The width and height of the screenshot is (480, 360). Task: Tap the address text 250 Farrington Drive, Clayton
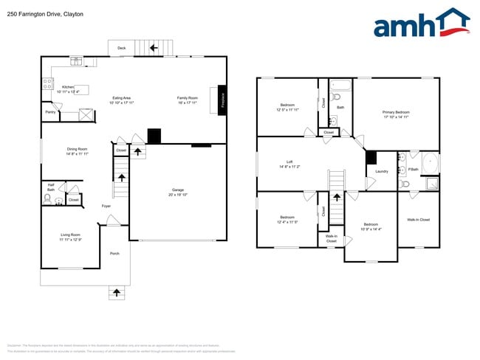[44, 14]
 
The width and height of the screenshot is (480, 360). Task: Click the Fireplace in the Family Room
[222, 100]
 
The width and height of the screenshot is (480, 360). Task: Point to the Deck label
[121, 49]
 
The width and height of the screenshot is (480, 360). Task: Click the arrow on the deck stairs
[154, 48]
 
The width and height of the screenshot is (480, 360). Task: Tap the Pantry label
[50, 111]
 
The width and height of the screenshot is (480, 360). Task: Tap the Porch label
[114, 253]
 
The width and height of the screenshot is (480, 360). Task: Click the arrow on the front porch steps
[116, 293]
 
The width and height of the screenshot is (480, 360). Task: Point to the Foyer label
[107, 207]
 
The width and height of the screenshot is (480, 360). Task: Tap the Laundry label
[382, 171]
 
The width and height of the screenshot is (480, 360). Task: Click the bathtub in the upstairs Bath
[340, 85]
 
